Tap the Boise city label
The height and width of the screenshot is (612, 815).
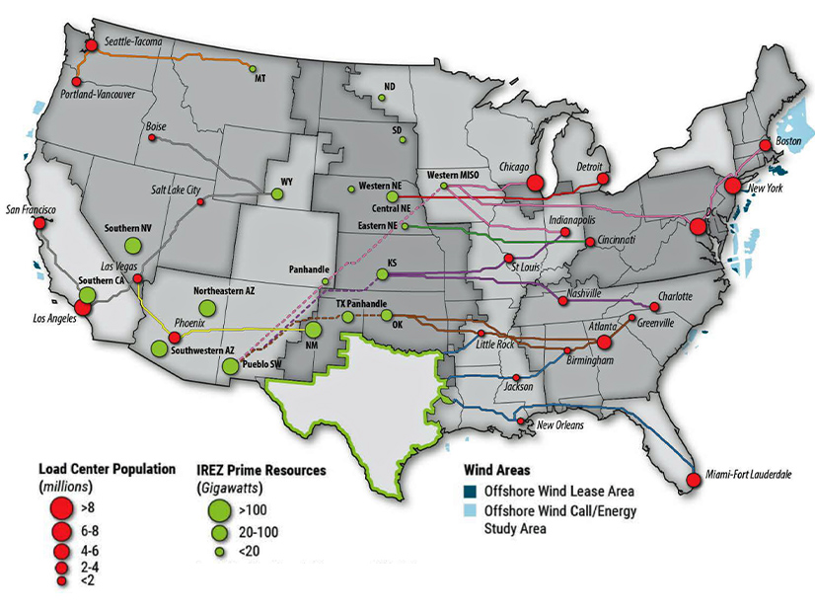coord(156,126)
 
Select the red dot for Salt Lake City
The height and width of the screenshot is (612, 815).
coord(200,202)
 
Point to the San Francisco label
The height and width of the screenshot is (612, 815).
coord(33,209)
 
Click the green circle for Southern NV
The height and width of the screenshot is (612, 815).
coord(131,247)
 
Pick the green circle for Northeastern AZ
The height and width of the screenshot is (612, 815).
coord(207,308)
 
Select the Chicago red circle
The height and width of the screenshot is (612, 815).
coord(535,183)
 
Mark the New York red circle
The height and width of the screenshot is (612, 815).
coord(733,185)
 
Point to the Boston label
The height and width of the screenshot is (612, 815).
coord(789,141)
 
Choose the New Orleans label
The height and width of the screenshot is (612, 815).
coord(560,425)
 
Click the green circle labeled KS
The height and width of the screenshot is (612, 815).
coord(382,275)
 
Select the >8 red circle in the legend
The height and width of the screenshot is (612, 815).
coord(60,508)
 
